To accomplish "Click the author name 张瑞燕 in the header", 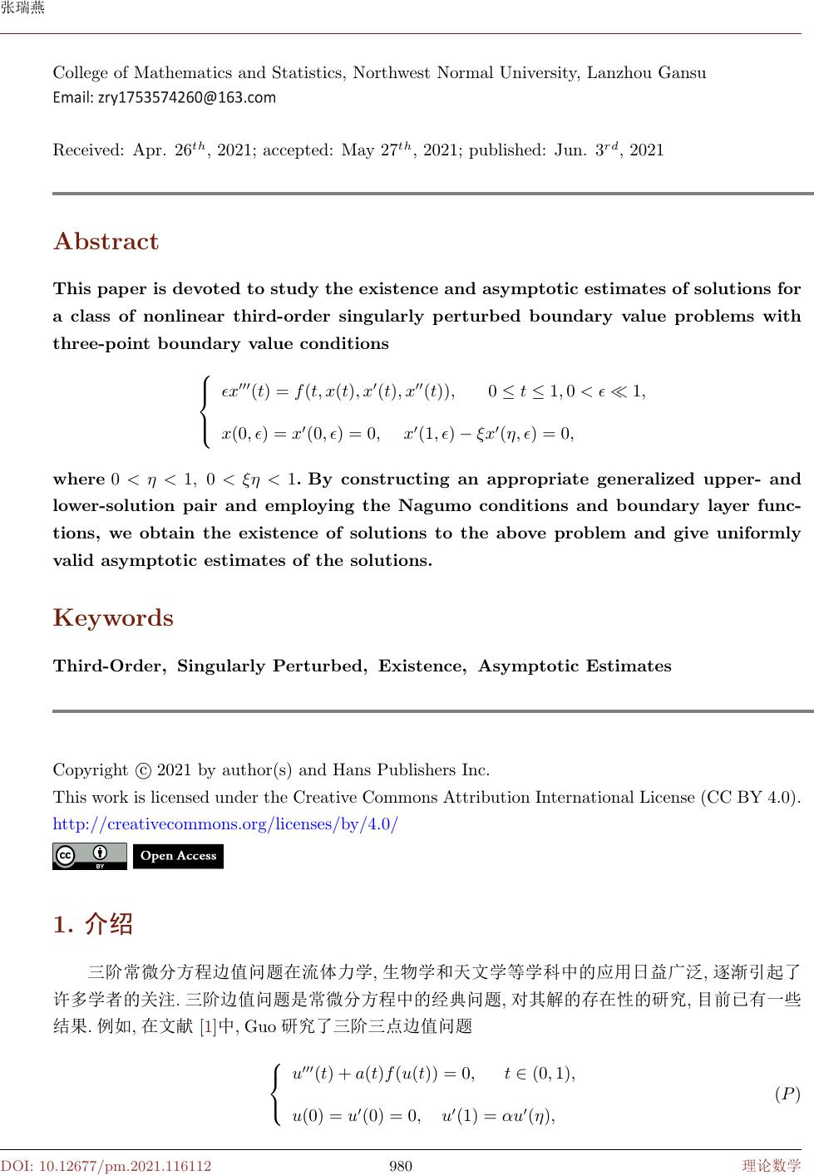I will pyautogui.click(x=22, y=9).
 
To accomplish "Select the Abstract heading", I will pyautogui.click(x=106, y=242).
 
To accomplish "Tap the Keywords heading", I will pyautogui.click(x=113, y=618).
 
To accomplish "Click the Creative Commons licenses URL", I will pyautogui.click(x=225, y=825).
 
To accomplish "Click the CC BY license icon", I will pyautogui.click(x=89, y=856).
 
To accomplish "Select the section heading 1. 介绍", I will pyautogui.click(x=92, y=924).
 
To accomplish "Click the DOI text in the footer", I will pyautogui.click(x=106, y=1166).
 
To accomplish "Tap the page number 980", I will pyautogui.click(x=401, y=1166).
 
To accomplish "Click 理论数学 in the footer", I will pyautogui.click(x=772, y=1166).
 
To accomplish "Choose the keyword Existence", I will pyautogui.click(x=422, y=666).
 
